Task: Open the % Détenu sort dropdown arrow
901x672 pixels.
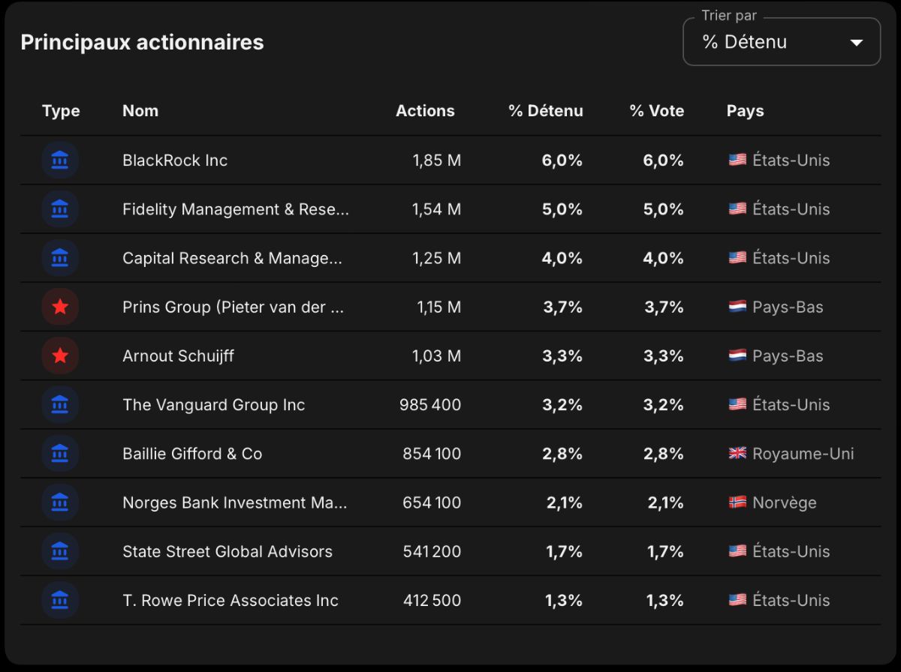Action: (x=856, y=43)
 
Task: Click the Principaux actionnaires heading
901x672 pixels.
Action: (x=142, y=42)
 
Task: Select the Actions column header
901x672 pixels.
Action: (x=425, y=111)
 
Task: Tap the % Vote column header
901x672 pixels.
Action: (x=657, y=111)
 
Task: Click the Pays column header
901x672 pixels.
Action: (x=745, y=111)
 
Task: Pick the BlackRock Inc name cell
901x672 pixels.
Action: (x=175, y=160)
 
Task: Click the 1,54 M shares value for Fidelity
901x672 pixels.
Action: (x=436, y=209)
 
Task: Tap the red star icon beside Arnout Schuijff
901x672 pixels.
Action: (x=60, y=355)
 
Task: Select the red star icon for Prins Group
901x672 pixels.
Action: (x=60, y=306)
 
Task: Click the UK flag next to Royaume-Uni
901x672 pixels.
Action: (x=737, y=453)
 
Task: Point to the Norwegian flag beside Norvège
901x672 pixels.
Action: (x=737, y=502)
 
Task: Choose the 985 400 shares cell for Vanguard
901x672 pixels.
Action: (x=429, y=405)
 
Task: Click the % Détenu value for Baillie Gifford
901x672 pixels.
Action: (x=562, y=454)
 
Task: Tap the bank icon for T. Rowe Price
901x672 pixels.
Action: (x=60, y=600)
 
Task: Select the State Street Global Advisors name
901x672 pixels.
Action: (x=228, y=551)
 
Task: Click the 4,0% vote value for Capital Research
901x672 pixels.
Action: (x=663, y=258)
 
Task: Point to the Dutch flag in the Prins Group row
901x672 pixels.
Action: (x=737, y=306)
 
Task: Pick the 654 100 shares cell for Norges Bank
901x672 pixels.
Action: (x=432, y=502)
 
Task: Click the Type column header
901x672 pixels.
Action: (x=61, y=111)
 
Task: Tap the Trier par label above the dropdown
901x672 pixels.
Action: (x=729, y=16)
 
